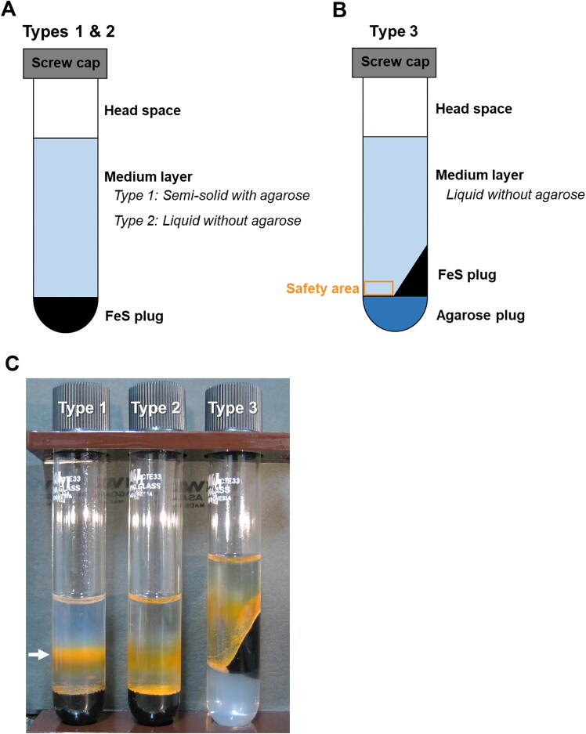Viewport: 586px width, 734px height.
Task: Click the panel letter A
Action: point(12,10)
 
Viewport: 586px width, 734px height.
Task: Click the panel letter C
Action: point(12,363)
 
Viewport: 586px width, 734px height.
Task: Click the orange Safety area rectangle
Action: point(379,287)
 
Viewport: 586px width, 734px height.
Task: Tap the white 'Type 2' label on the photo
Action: point(156,407)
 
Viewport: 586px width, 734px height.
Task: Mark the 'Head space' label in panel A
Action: point(143,110)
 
